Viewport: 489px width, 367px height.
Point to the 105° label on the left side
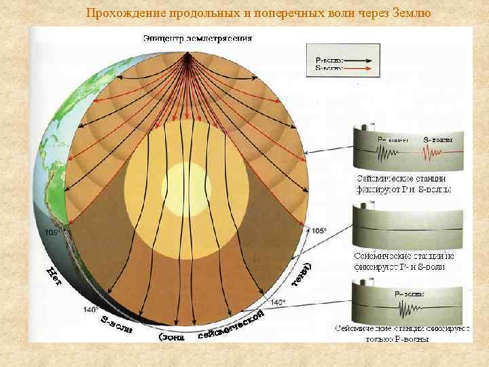pos(52,232)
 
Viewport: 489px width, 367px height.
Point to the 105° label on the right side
pos(319,231)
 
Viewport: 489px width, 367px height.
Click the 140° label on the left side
pos(91,309)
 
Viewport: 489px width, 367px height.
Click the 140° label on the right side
pos(278,302)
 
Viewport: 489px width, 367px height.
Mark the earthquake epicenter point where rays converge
pos(188,52)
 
